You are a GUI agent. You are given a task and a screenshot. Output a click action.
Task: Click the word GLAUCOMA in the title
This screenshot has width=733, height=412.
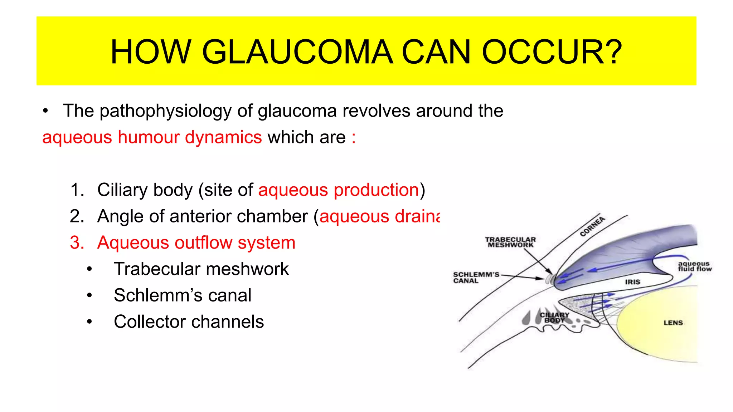coord(297,52)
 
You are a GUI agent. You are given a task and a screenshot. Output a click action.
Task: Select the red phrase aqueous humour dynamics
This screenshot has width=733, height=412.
coord(152,137)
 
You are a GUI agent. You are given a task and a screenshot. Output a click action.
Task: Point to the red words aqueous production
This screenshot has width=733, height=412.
coord(339,190)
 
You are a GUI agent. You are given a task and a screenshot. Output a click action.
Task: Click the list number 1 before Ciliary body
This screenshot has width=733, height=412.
coord(77,190)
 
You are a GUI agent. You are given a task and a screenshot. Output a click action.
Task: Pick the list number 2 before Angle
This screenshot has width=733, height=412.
coord(77,216)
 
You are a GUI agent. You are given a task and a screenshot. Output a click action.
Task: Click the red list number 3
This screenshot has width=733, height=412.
coord(77,243)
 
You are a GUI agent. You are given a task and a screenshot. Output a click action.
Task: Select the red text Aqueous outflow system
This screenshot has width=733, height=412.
coord(196,243)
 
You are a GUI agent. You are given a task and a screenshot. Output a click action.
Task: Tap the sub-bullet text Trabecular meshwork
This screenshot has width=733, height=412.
coord(201,269)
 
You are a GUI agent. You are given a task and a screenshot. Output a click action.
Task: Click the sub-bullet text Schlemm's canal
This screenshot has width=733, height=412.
coord(183,295)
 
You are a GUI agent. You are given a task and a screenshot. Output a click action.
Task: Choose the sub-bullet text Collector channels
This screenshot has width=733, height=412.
coord(189,322)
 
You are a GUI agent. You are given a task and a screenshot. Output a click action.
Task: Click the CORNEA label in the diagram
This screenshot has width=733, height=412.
coord(592,226)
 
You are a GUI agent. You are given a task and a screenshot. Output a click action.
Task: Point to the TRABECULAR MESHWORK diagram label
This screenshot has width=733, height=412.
coord(510,242)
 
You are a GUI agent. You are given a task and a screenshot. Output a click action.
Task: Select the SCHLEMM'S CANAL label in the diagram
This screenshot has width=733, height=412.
coord(476,278)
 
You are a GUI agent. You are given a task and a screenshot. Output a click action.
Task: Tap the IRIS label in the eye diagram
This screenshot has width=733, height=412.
coord(632,282)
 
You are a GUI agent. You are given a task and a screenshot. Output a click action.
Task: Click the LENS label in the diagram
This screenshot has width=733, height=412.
coord(673,323)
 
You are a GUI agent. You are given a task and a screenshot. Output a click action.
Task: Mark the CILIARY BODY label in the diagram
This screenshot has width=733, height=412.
coord(554,318)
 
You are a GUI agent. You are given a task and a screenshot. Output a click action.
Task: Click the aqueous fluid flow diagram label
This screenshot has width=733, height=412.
coord(694,266)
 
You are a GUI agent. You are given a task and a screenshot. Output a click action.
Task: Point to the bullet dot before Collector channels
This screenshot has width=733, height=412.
coord(89,322)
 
